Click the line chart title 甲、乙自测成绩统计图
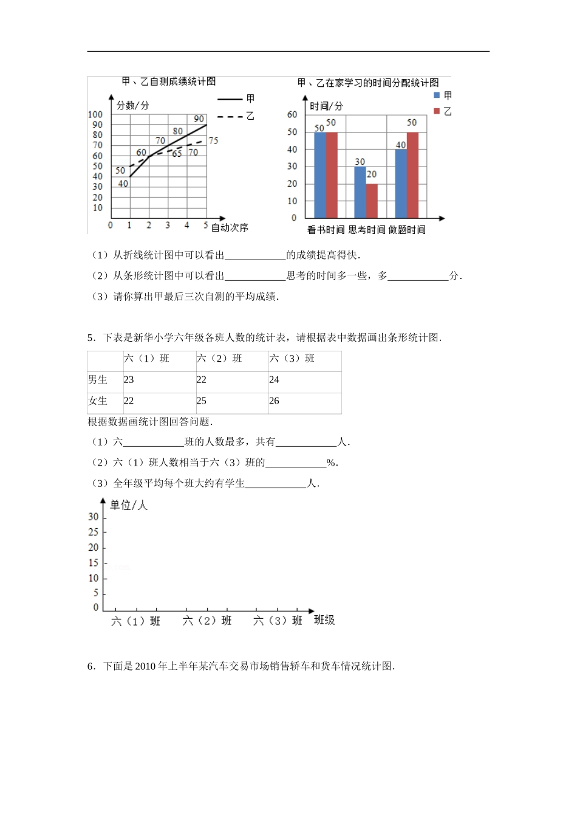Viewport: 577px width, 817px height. coord(169,81)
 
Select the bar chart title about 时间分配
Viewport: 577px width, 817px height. coord(373,82)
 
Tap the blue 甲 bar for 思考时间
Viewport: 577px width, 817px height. coord(360,192)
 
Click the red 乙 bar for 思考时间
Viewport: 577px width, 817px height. coord(372,201)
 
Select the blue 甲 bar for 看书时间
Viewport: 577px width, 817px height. coord(319,175)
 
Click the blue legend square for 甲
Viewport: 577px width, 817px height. coord(437,95)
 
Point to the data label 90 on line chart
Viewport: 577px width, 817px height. coord(199,119)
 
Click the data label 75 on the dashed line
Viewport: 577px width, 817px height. coord(213,141)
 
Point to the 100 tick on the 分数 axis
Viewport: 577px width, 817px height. coord(95,114)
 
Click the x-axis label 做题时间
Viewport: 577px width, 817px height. coord(407,230)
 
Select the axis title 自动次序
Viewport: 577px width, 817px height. coord(230,227)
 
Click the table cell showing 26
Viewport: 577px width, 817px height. coord(275,401)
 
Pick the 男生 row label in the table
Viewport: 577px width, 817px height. coord(98,379)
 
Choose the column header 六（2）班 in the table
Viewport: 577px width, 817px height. coord(219,359)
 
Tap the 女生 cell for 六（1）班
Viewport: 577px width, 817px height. coord(129,401)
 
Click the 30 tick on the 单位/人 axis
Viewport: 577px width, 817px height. coord(93,517)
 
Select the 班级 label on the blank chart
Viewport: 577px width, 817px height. coord(324,620)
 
